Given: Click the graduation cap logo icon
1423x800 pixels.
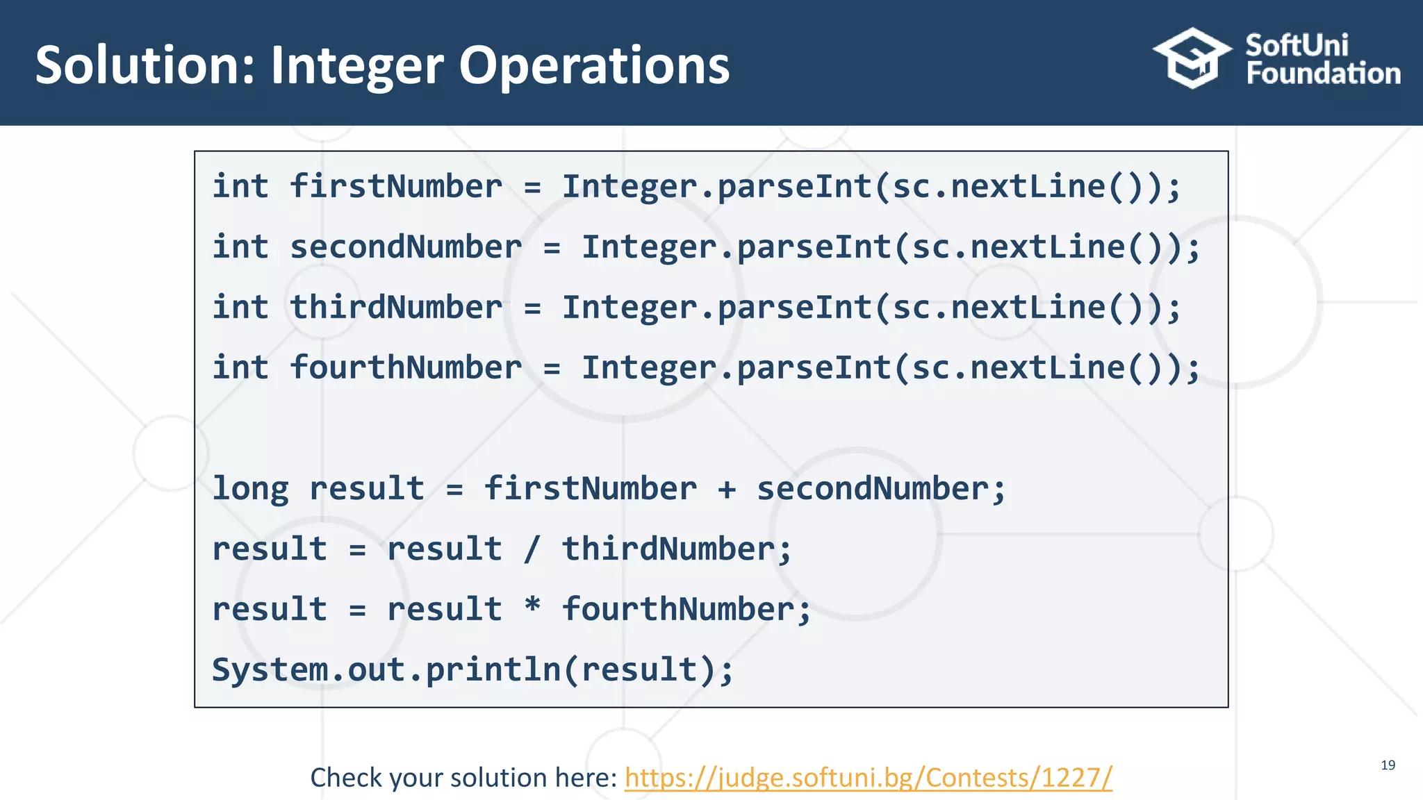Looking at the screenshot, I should click(1192, 58).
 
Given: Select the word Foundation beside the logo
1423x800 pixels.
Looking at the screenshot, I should click(1323, 74).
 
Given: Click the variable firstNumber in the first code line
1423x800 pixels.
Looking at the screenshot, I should click(395, 187).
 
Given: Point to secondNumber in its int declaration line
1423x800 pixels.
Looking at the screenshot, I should click(405, 247).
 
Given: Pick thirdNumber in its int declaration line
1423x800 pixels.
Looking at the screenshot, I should click(395, 308).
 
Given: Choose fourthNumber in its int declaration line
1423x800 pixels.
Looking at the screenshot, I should click(405, 368).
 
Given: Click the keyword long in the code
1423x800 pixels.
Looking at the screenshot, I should click(250, 489).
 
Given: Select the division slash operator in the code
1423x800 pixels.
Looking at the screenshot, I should click(532, 549).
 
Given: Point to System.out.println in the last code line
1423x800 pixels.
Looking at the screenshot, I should click(386, 670).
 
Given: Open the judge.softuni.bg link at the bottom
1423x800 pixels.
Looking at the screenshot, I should click(868, 778).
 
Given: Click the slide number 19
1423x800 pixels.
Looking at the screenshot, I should click(1388, 765).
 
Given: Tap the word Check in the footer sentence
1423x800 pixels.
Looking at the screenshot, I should click(346, 778).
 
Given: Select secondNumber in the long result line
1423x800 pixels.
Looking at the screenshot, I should click(873, 489).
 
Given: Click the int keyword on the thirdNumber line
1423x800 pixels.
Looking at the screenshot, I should click(240, 308).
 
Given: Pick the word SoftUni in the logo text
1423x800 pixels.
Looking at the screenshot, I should click(1297, 46).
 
